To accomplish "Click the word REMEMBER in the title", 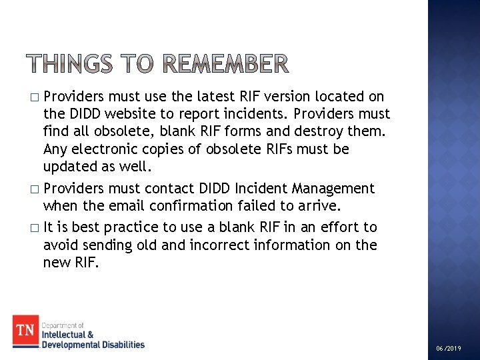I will [x=226, y=64].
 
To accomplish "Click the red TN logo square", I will [x=26, y=331].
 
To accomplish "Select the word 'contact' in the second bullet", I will [x=174, y=189].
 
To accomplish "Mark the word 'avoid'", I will [x=61, y=245].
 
